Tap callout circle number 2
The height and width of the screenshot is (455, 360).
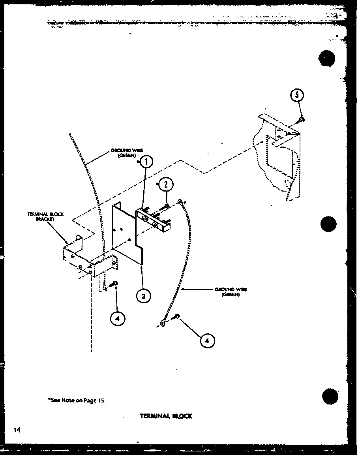166,184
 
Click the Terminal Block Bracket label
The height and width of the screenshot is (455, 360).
45,216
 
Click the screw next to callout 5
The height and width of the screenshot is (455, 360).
302,119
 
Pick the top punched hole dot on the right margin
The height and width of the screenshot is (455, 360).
327,59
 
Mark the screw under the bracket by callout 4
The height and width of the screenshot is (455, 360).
114,283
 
